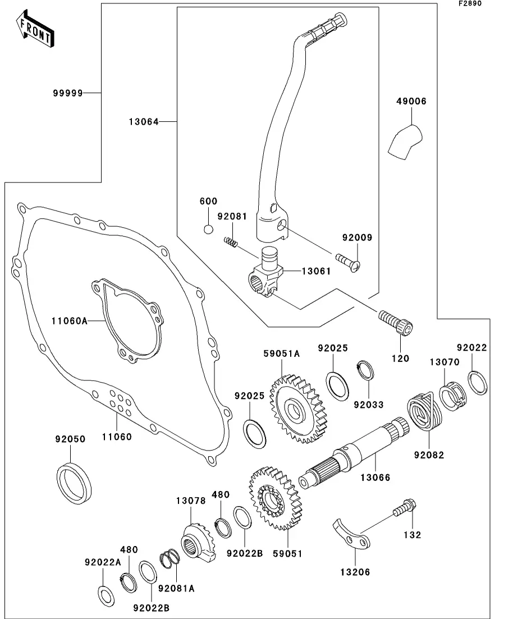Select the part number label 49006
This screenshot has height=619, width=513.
411,102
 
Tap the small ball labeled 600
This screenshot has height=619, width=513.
208,229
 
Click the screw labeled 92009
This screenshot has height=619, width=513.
348,261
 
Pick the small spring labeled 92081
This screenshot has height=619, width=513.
231,242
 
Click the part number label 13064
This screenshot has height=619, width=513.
145,121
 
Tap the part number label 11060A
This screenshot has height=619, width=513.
69,320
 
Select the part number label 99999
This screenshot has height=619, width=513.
68,93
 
